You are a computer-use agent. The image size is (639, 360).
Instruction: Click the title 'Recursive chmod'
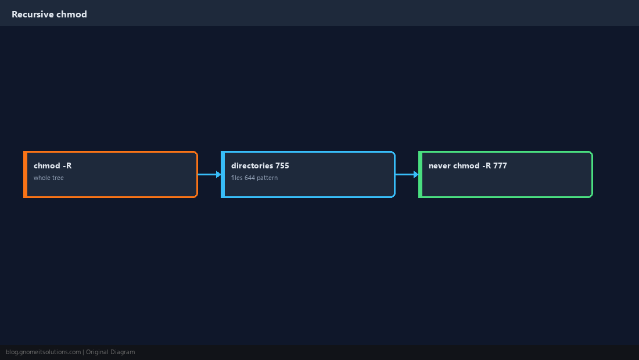49,15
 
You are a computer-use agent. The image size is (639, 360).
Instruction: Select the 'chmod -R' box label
52,165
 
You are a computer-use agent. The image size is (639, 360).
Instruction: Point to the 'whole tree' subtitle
48,178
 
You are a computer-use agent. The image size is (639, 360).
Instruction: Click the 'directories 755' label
260,165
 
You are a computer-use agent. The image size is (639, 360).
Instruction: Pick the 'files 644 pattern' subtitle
254,178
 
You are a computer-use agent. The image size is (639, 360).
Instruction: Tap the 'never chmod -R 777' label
468,165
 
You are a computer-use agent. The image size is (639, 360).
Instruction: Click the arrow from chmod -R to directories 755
210,174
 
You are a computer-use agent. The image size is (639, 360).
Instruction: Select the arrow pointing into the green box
407,174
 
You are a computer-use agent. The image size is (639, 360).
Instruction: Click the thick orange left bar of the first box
25,174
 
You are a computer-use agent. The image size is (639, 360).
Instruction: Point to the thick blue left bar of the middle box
223,174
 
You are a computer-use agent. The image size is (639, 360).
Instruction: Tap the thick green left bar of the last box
421,174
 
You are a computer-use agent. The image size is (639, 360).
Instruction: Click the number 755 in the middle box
282,165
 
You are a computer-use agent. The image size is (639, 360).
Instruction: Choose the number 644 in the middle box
249,178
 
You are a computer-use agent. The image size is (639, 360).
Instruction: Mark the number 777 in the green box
500,165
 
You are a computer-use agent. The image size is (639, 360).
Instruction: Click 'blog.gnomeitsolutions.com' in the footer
43,352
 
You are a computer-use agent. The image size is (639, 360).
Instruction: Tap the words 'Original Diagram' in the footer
110,352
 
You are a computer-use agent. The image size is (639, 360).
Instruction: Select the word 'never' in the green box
440,166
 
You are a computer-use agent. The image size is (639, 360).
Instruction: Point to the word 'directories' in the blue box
252,165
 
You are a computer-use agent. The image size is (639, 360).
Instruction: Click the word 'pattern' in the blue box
267,178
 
